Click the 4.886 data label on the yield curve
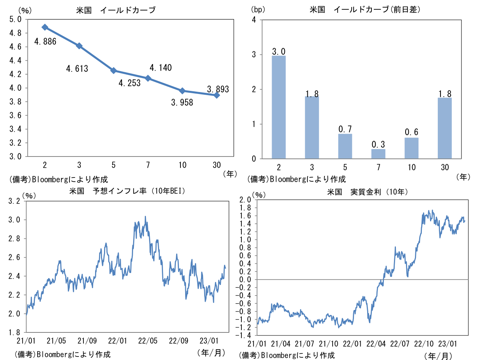pos(45,41)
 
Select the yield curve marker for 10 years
pos(182,91)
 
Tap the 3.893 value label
pos(218,89)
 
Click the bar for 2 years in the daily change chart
pos(279,107)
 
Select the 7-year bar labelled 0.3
pos(378,154)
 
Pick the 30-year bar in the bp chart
pos(444,128)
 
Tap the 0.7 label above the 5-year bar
pos(345,128)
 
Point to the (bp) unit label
pos(258,10)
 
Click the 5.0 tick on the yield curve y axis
pos(15,19)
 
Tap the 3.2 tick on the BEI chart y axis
pos(15,201)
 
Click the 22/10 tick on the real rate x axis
pos(424,344)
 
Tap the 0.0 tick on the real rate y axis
pos(245,280)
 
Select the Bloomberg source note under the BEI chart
pos(62,355)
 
